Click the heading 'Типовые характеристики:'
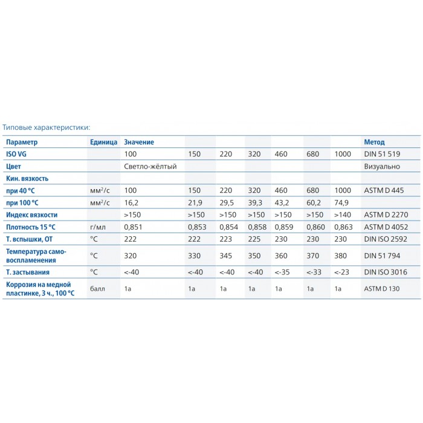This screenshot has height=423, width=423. [x=46, y=128]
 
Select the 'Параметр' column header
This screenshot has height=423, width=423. [x=21, y=142]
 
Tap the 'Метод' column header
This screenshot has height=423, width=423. [x=374, y=142]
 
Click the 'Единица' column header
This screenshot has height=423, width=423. [x=103, y=142]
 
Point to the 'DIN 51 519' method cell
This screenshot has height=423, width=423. [x=382, y=154]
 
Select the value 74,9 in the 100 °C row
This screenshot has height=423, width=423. [x=342, y=202]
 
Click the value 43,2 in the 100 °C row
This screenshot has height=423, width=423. [x=283, y=202]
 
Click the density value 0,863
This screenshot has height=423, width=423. [x=343, y=227]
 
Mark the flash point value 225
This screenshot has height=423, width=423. [x=254, y=239]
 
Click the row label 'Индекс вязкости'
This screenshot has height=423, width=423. [x=31, y=215]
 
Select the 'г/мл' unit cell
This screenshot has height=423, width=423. [x=97, y=227]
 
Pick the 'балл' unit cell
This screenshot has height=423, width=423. [x=97, y=289]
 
